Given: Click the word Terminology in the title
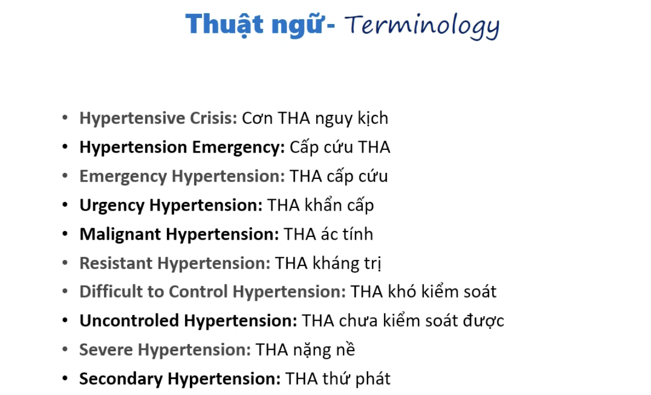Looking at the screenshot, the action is click(422, 26).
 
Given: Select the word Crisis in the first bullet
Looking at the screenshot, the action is click(213, 118).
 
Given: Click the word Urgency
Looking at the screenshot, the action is click(112, 206).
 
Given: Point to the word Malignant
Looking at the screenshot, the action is click(120, 235).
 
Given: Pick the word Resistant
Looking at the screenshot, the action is click(116, 263).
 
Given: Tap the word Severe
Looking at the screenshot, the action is click(106, 350).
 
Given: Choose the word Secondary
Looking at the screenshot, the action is click(121, 379).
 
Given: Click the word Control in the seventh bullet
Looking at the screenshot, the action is click(199, 292).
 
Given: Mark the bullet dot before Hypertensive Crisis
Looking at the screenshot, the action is click(65, 118).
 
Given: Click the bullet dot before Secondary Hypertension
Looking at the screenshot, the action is click(65, 379).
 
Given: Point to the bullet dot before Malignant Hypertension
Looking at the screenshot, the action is click(65, 234).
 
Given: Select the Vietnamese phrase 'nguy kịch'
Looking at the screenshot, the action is click(352, 118).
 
